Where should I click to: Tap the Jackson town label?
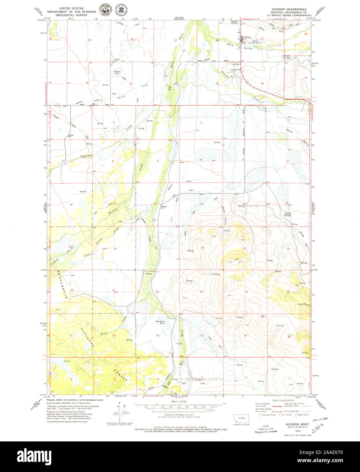coord(248,37)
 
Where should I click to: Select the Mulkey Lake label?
coord(117,72)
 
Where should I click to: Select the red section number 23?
coord(245,249)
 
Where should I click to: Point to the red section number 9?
coord(158,161)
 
